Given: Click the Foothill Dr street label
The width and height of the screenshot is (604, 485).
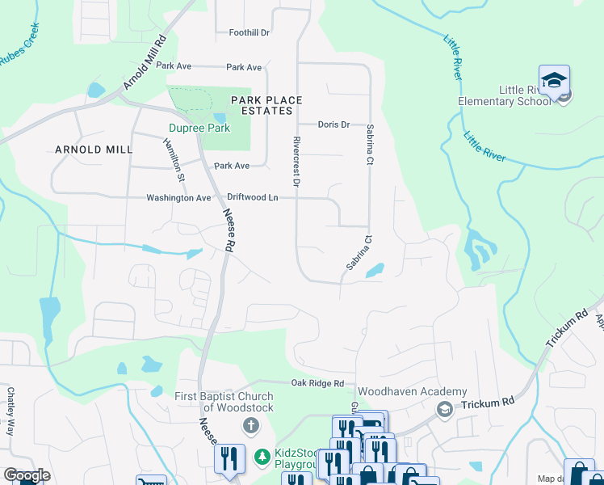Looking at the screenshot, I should coord(249,32).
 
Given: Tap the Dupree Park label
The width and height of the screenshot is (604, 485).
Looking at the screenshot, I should coord(199,128).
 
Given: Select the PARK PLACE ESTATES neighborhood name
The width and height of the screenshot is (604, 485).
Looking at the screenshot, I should coord(266,105).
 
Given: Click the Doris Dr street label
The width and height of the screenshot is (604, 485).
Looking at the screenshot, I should coord(333,124).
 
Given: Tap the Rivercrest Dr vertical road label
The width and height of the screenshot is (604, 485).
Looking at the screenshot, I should coord(296,162).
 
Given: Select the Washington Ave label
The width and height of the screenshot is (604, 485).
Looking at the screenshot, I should coord(178,198).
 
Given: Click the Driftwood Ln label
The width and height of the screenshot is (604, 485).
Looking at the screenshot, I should coord(252,197).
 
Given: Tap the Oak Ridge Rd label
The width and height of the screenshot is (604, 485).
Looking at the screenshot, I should coord(317,383).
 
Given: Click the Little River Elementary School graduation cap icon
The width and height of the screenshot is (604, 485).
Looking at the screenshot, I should coord(555,81).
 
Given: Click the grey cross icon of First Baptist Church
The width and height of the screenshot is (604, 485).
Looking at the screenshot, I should coord(251,425).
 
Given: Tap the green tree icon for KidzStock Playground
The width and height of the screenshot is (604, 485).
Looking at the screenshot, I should coord(262,458).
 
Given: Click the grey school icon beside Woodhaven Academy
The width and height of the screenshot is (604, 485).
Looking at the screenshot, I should coord(443,410).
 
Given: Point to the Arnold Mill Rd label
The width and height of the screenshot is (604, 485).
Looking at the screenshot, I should coord(145,63).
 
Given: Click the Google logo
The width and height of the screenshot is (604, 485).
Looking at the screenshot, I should coord(27,475).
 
